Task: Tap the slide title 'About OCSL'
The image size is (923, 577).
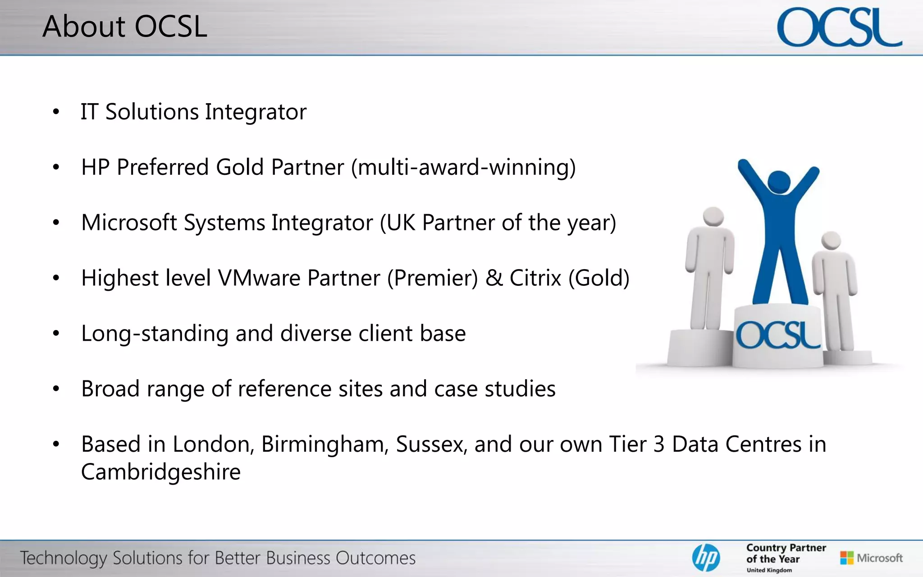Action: tap(125, 26)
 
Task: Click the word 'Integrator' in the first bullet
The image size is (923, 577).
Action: tap(256, 112)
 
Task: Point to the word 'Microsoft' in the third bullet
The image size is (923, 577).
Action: tap(129, 223)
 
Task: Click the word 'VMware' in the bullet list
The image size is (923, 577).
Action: tap(259, 278)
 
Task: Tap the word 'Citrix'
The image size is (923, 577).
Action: tap(535, 278)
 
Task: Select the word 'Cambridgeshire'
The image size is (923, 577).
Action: tap(161, 472)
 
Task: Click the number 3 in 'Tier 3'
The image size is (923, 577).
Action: tap(659, 444)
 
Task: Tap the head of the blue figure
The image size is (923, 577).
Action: tap(779, 182)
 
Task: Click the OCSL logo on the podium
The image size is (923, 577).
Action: tap(778, 335)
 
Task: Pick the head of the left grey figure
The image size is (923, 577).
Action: tap(713, 216)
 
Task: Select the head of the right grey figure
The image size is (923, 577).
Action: tap(831, 239)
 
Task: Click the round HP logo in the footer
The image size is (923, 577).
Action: tap(706, 558)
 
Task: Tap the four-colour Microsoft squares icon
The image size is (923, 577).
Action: tap(847, 558)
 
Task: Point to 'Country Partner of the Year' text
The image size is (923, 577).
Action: tap(786, 554)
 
